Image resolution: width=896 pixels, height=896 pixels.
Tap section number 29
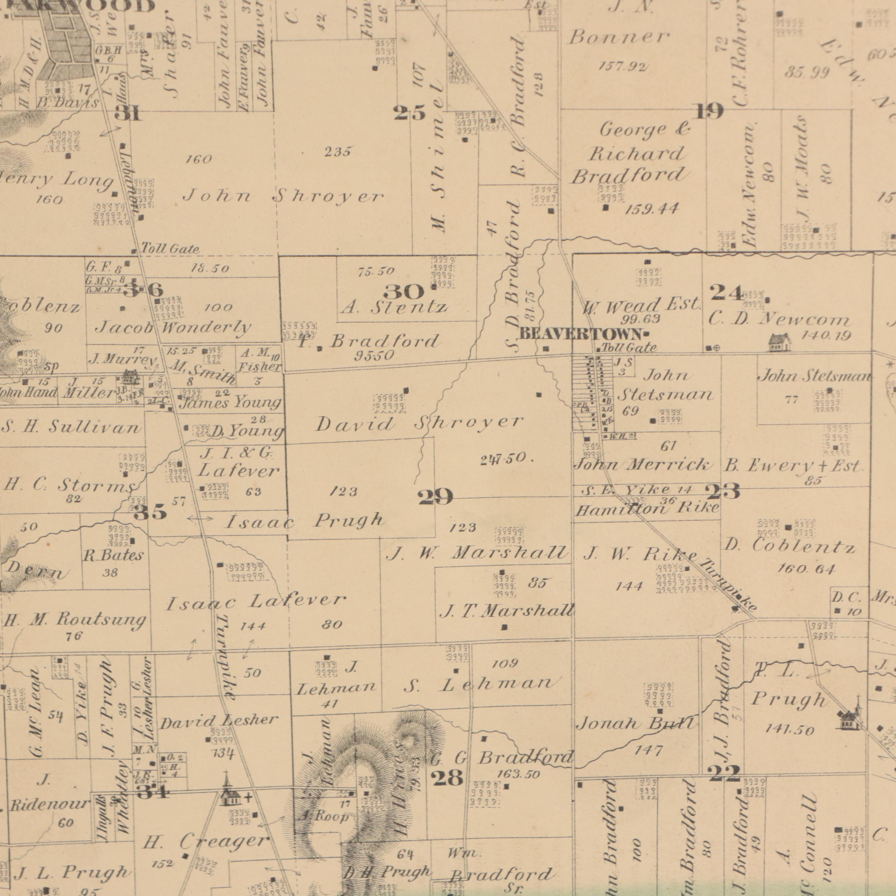coord(435,498)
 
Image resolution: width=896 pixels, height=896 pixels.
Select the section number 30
coord(403,292)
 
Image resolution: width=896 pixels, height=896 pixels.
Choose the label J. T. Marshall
coord(507,612)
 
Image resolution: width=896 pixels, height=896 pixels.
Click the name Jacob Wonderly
coord(173,328)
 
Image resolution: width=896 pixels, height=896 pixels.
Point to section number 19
coord(710,112)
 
